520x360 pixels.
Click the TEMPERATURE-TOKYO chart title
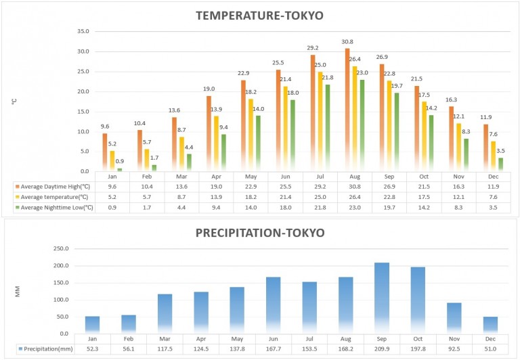pyautogui.click(x=260, y=16)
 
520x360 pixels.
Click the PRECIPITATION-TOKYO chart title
pyautogui.click(x=260, y=233)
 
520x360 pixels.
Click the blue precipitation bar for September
pyautogui.click(x=383, y=298)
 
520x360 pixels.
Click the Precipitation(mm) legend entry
pyautogui.click(x=45, y=349)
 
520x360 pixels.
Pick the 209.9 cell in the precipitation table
pyautogui.click(x=383, y=349)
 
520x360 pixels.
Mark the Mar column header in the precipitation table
pyautogui.click(x=165, y=338)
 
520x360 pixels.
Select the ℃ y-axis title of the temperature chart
pyautogui.click(x=14, y=101)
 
